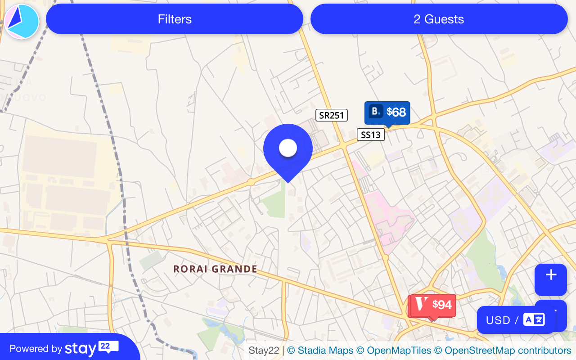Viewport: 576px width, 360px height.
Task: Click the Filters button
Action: (x=175, y=19)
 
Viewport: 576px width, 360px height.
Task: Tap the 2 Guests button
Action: (x=439, y=19)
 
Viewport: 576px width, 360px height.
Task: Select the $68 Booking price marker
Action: (x=387, y=112)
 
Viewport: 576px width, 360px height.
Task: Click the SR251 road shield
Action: (x=332, y=115)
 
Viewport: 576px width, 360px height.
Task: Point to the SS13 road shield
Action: (x=371, y=135)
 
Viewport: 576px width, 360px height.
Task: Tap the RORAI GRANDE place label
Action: (x=216, y=269)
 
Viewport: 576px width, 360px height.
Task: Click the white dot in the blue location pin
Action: (x=288, y=148)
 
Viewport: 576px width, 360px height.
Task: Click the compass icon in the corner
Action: (x=22, y=22)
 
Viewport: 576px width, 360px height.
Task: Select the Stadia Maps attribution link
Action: (x=320, y=350)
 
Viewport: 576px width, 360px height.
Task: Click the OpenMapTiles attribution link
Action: (x=394, y=350)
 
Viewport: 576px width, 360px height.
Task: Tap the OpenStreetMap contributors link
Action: (x=502, y=350)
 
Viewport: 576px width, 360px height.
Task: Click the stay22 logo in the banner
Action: (x=92, y=348)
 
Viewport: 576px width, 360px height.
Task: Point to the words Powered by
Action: (x=36, y=349)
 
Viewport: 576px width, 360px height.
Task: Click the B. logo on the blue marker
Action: (x=376, y=111)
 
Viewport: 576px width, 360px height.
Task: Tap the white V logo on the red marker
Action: (x=422, y=304)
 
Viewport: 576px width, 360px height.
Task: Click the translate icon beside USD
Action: (x=534, y=320)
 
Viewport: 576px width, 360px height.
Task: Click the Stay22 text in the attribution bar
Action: (x=264, y=350)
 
